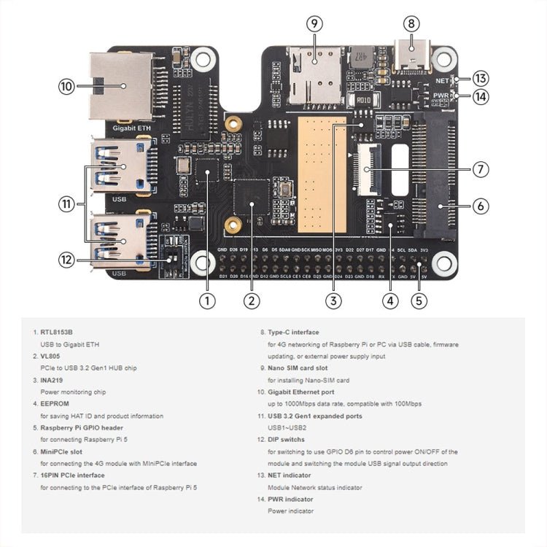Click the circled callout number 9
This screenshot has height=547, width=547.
(314, 23)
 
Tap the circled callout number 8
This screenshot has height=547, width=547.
(411, 23)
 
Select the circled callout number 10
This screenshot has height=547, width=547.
(66, 86)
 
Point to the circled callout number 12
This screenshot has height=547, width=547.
(66, 258)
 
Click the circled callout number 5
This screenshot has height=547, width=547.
(418, 299)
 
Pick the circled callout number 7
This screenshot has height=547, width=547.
(480, 169)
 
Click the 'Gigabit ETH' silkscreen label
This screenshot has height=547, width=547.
(132, 128)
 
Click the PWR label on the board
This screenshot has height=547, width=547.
(441, 95)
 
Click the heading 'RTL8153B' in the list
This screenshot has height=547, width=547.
(58, 332)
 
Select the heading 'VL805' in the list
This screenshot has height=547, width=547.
(50, 355)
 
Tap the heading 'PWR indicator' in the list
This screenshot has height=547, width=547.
(290, 499)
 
